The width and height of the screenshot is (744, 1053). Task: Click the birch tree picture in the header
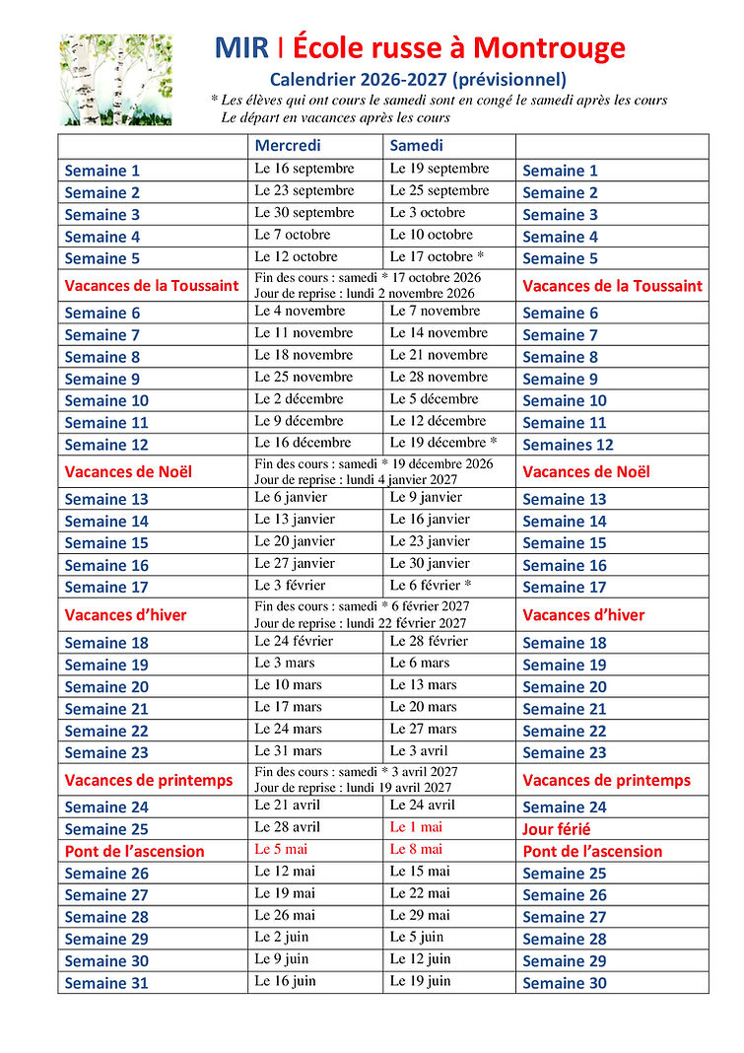tap(116, 80)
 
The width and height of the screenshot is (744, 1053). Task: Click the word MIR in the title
tap(240, 47)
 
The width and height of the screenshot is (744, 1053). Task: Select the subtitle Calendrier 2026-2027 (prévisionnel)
tap(419, 80)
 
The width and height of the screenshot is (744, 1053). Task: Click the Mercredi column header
tap(288, 146)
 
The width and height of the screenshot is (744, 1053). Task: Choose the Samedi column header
tap(416, 146)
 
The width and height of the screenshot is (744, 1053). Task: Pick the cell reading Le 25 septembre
tap(439, 190)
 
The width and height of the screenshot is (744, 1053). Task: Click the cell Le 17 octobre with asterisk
tap(437, 256)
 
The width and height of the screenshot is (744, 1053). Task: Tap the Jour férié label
tap(557, 829)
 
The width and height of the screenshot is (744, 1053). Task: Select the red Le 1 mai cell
tap(416, 827)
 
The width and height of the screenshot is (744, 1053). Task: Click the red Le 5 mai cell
tap(281, 849)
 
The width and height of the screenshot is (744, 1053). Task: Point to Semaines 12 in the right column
tap(568, 445)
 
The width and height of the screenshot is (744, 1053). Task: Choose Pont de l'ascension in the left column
tap(135, 851)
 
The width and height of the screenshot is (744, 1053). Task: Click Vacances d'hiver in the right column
tap(583, 615)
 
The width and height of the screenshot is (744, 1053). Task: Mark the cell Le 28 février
tap(429, 641)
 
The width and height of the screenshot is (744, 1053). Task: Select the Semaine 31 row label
tap(106, 983)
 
